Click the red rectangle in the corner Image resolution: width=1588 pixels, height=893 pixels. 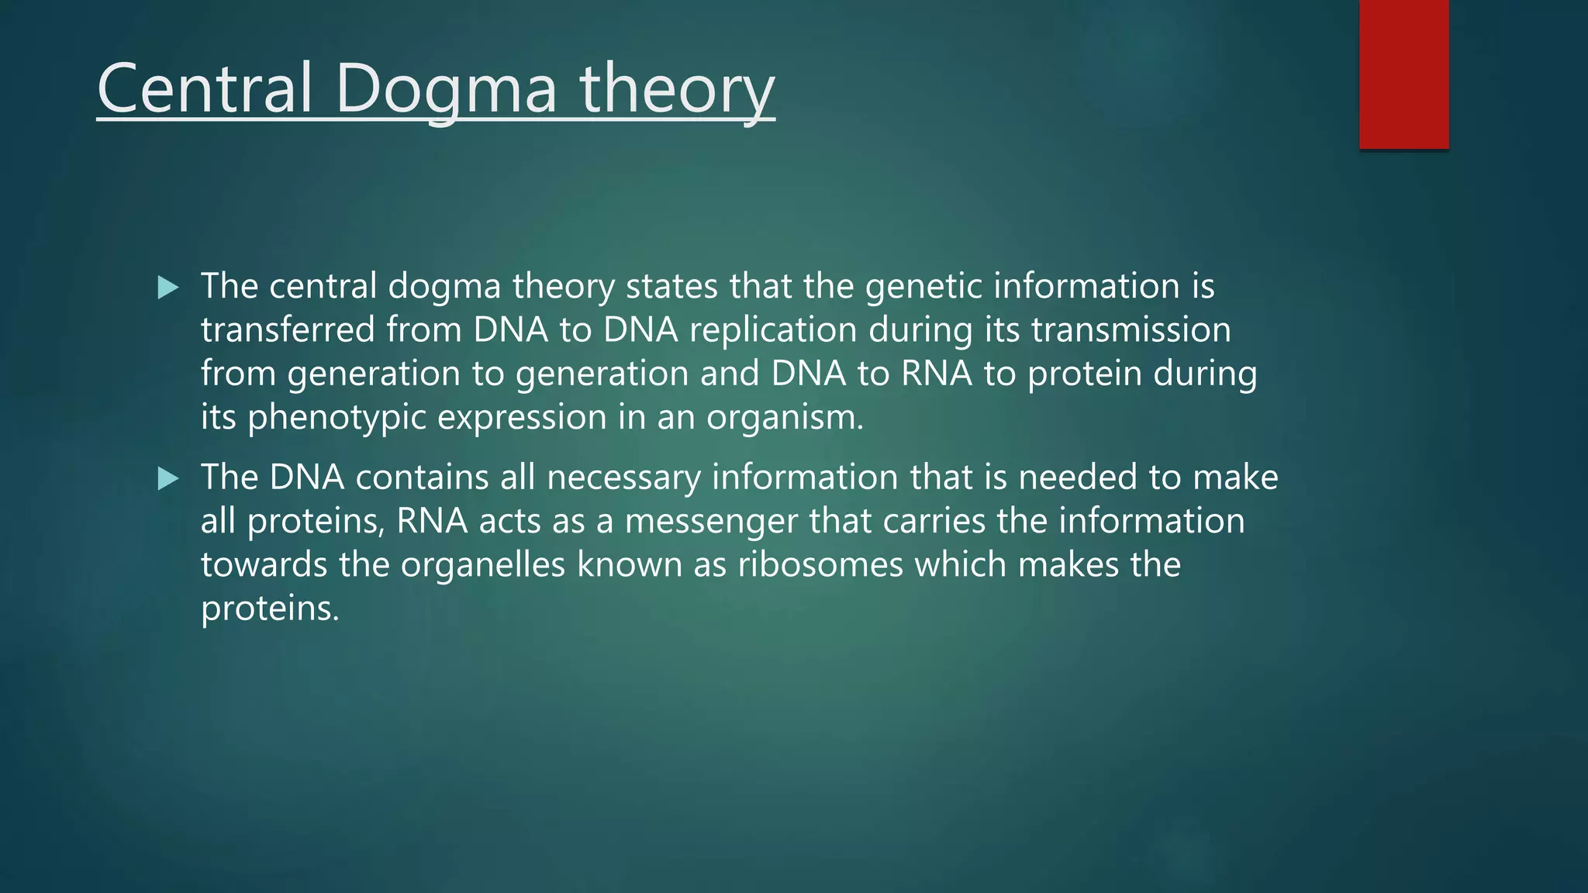click(1403, 74)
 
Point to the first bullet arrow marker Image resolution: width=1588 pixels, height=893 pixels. click(167, 288)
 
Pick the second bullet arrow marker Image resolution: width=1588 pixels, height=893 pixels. click(167, 478)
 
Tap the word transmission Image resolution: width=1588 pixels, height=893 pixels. click(1131, 330)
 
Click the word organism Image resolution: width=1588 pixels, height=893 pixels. click(784, 418)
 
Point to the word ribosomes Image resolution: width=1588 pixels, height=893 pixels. click(820, 564)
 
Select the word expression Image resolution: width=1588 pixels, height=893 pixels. click(522, 418)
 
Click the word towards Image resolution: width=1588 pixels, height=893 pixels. click(264, 564)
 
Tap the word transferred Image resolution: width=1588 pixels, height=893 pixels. click(288, 330)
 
